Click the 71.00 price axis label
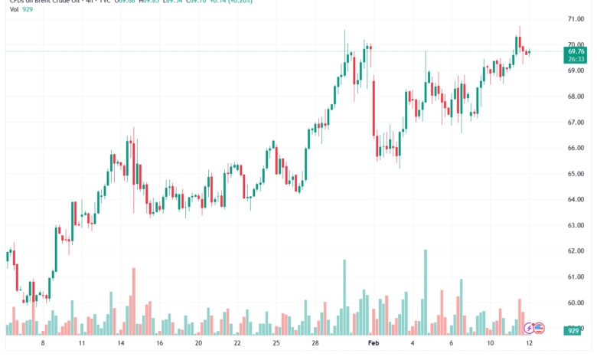click(576, 18)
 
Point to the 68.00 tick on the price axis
click(576, 97)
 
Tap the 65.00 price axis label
click(576, 174)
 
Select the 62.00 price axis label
click(576, 251)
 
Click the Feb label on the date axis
click(374, 344)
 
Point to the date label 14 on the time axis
click(120, 344)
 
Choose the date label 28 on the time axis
click(315, 344)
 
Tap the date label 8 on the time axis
click(43, 344)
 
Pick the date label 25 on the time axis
click(276, 344)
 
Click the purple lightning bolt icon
click(529, 328)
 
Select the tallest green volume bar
click(425, 292)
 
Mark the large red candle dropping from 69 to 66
click(374, 107)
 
